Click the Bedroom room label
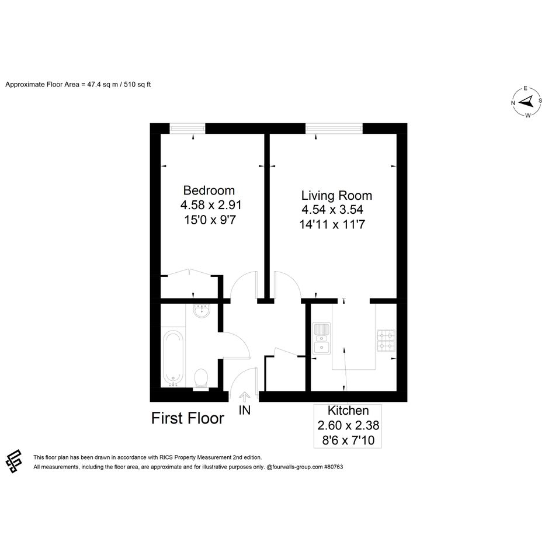[209, 190]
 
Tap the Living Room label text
[336, 195]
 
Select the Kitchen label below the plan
[348, 411]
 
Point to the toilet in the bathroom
[202, 379]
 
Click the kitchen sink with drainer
[322, 338]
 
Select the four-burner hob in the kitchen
[386, 341]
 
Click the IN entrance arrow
[244, 397]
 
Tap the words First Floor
[188, 418]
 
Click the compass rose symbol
[527, 102]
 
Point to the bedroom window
[188, 128]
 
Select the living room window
[334, 128]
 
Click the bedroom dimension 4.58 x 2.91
[210, 204]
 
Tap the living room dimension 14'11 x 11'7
[332, 224]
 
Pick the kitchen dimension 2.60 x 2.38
[348, 425]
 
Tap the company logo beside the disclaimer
[14, 461]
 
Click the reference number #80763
[333, 467]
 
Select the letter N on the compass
[513, 103]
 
